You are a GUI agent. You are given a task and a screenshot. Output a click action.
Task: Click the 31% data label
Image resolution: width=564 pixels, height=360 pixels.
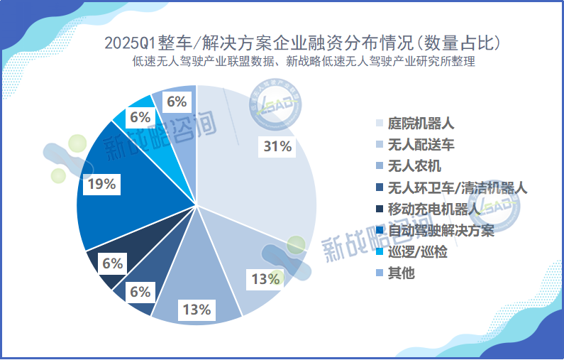point(277,147)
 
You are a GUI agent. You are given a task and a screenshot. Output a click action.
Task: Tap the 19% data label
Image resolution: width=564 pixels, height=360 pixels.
point(101,185)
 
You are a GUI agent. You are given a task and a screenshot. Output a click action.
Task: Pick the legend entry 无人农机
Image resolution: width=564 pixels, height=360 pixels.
point(414,166)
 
